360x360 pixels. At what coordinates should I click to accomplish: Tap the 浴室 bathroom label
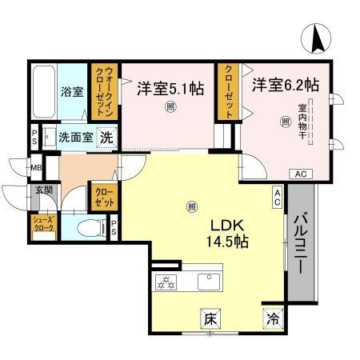(72, 91)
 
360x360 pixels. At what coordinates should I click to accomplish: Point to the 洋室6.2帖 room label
(286, 84)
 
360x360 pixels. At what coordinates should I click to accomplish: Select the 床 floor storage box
(210, 318)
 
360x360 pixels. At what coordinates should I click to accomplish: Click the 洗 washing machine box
(106, 137)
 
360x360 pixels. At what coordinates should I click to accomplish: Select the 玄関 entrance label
(43, 190)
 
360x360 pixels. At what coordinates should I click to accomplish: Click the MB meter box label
(36, 168)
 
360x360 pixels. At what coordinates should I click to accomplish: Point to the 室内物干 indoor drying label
(302, 120)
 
